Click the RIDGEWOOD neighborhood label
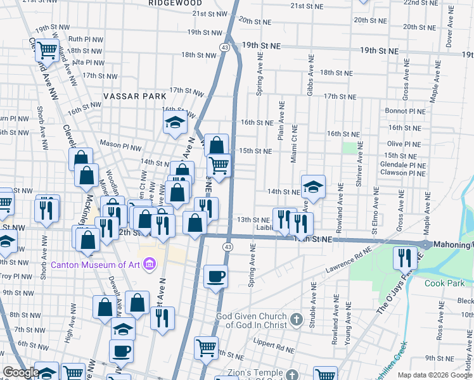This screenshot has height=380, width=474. coord(176,3)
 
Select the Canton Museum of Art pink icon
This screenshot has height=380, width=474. coord(150,263)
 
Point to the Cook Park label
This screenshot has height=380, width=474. coord(444,283)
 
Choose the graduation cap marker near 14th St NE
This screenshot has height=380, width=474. coord(313,186)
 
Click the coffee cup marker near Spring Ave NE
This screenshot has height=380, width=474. coord(216,277)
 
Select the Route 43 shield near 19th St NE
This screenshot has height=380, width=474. coord(225,47)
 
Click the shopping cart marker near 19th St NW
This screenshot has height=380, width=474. coord(47,49)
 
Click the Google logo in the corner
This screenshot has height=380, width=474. coord(20,372)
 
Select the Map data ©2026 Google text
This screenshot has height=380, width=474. coord(435,375)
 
